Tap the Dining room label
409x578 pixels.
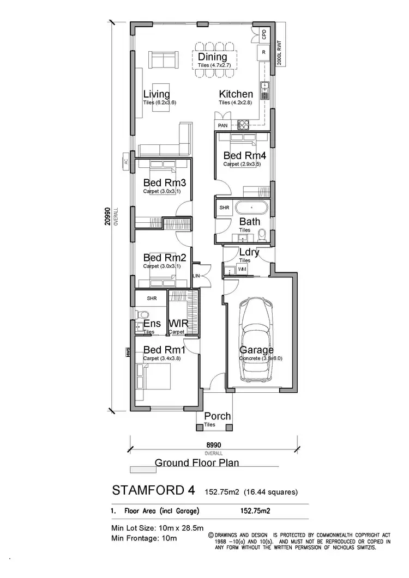click(x=212, y=57)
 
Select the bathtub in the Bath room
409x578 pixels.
click(x=251, y=208)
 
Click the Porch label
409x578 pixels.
click(x=217, y=417)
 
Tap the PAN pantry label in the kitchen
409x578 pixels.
click(x=222, y=125)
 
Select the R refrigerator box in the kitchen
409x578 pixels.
click(x=263, y=52)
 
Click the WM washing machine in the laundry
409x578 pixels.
click(x=242, y=270)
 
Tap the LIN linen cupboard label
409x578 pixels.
click(x=196, y=277)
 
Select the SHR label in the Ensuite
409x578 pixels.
click(x=152, y=298)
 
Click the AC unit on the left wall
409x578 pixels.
click(x=125, y=162)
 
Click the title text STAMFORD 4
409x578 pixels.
click(x=153, y=490)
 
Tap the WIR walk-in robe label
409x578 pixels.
click(x=178, y=324)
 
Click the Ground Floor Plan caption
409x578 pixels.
click(x=197, y=463)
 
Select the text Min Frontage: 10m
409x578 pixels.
click(x=144, y=538)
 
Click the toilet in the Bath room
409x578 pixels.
click(x=262, y=235)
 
